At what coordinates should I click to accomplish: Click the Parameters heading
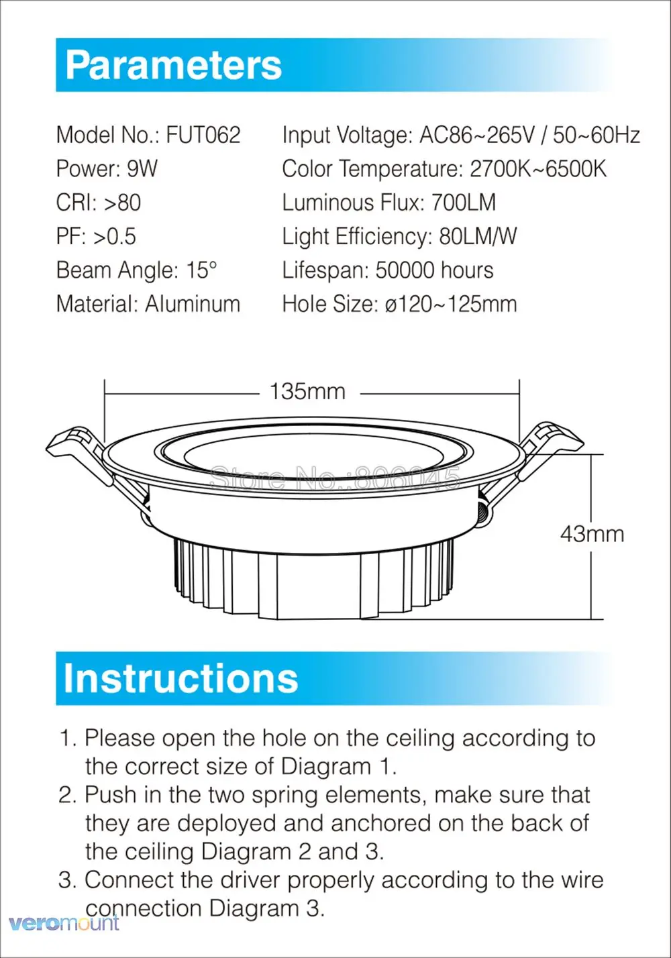pos(174,65)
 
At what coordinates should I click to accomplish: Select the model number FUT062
pos(203,135)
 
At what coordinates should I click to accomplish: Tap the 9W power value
pos(142,168)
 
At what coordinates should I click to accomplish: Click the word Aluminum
pos(193,304)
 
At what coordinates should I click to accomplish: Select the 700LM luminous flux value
pos(463,203)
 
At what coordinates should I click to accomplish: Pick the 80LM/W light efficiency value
pos(478,236)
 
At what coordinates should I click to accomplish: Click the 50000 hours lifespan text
pos(434,270)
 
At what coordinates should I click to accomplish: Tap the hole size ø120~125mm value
pos(450,304)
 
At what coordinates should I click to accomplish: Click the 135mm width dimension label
pos(307,391)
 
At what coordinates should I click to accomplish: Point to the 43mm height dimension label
pos(592,534)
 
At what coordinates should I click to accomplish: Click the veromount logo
pos(60,923)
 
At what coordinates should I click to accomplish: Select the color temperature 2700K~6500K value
pos(537,168)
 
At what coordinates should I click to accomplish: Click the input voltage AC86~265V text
pos(477,135)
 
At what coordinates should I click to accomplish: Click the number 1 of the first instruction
pos(66,739)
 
